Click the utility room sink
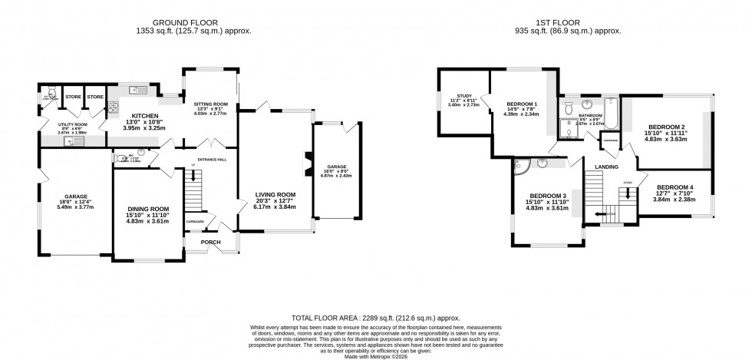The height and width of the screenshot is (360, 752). pos(78,140)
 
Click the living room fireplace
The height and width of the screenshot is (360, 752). pos(308,164)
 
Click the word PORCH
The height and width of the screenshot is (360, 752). pos(210,243)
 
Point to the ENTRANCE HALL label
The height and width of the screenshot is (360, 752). pos(210,160)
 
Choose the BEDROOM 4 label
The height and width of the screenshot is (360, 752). pos(676,187)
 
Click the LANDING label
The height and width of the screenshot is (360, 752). pos(607,166)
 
